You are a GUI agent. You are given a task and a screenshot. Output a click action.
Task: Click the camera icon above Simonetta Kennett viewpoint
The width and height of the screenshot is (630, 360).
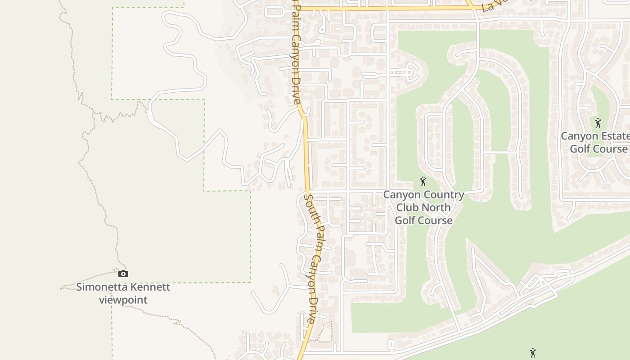(123, 274)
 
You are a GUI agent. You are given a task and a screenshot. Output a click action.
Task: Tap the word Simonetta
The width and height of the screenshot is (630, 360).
(101, 287)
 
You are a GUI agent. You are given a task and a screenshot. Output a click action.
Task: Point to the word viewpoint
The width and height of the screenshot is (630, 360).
(123, 300)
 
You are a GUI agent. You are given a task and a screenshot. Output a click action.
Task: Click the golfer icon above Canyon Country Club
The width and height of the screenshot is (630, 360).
(423, 182)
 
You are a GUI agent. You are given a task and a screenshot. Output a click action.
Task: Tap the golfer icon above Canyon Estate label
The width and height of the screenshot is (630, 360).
(598, 123)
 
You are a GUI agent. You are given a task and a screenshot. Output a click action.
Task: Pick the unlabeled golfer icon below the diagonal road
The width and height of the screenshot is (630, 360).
(533, 353)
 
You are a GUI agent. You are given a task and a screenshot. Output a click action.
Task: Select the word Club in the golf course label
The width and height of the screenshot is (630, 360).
(409, 207)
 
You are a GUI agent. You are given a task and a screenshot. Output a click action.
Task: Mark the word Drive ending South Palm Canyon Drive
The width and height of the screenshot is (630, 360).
(311, 310)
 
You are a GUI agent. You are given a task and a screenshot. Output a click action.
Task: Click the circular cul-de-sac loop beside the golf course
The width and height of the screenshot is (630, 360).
(410, 72)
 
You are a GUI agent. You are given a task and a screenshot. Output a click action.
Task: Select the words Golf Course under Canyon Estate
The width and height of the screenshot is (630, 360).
(598, 149)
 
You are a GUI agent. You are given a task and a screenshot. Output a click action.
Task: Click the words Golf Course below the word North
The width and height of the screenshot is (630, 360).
(423, 220)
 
